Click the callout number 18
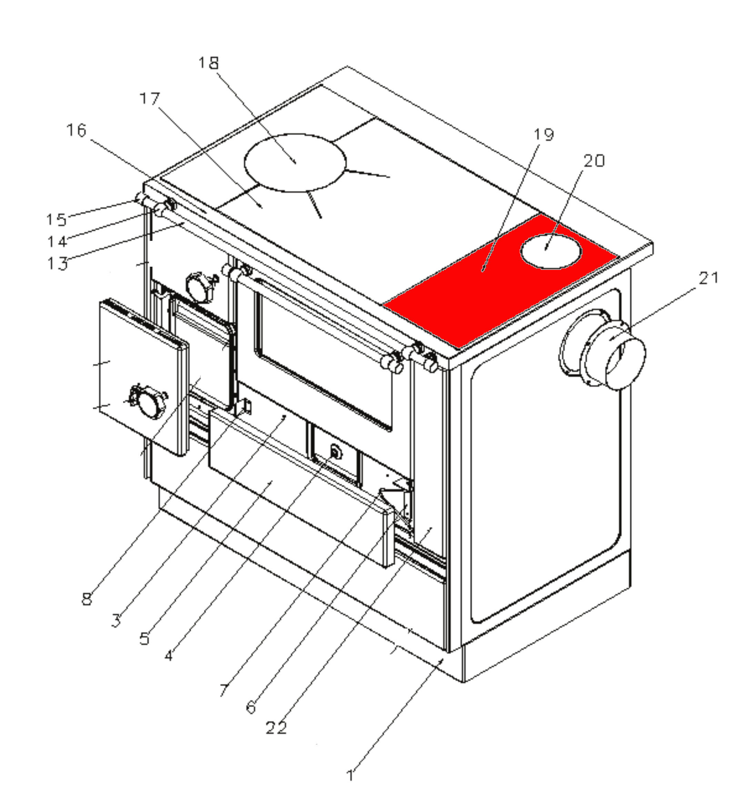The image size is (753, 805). [208, 63]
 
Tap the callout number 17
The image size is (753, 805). [150, 99]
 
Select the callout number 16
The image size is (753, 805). [77, 130]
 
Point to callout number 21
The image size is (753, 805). [709, 278]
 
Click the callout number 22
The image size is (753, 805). [276, 728]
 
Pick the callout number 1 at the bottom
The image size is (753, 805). [350, 775]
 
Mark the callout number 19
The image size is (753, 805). [543, 134]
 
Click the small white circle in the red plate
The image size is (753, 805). [551, 251]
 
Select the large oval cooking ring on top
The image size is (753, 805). [295, 163]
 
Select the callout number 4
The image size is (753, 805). [169, 655]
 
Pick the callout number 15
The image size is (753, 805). [56, 220]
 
